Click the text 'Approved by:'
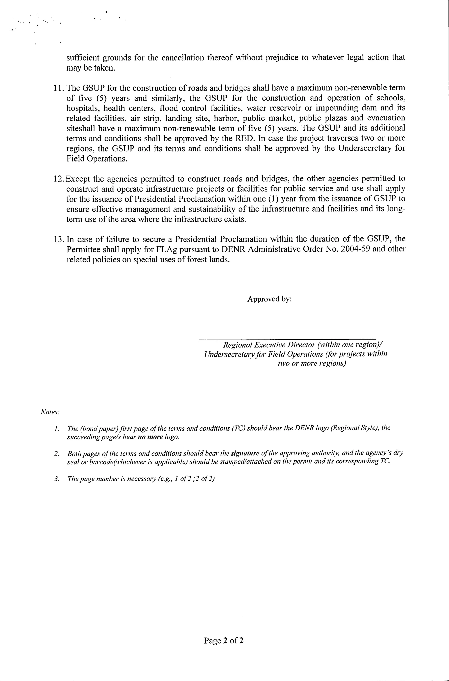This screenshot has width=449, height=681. pyautogui.click(x=269, y=299)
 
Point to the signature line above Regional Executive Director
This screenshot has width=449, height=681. pyautogui.click(x=287, y=340)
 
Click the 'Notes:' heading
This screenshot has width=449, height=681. pyautogui.click(x=50, y=412)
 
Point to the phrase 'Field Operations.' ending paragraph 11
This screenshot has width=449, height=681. pyautogui.click(x=97, y=159)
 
